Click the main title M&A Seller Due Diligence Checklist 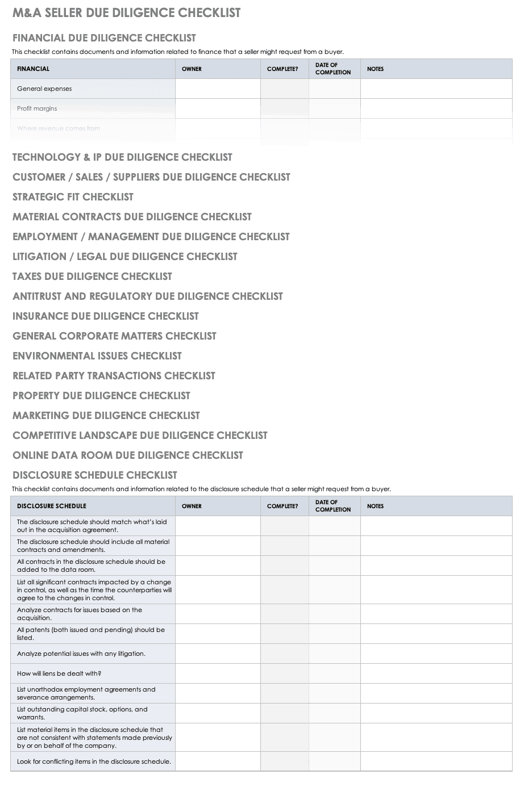(126, 13)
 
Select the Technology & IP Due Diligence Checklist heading (122, 157)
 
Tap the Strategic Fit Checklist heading (73, 197)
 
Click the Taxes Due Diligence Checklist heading (92, 277)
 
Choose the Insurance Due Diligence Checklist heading (106, 316)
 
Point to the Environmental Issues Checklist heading (97, 356)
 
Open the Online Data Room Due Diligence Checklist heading (128, 455)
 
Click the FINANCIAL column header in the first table (33, 69)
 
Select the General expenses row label (44, 89)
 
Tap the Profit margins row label (37, 108)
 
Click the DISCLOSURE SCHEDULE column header (52, 506)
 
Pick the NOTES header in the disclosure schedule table (375, 506)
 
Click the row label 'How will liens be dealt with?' (59, 673)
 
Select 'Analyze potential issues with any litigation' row (81, 654)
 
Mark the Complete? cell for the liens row (285, 673)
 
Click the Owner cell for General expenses (218, 89)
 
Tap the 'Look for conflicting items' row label (94, 761)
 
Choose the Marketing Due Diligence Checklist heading (106, 416)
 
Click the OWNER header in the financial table (192, 69)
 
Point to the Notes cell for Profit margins (436, 108)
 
